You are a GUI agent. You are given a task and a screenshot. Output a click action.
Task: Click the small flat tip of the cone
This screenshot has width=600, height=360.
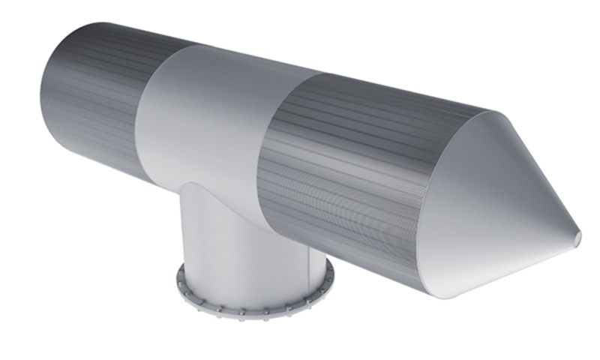click(577, 238)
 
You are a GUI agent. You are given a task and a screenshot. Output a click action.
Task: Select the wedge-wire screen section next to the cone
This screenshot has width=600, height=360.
click(345, 172)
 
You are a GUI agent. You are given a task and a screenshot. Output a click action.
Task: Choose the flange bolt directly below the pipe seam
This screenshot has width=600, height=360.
click(218, 310)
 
